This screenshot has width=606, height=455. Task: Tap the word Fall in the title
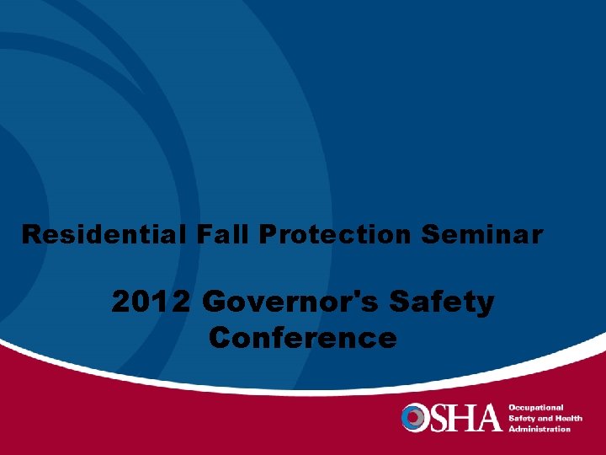pyautogui.click(x=225, y=234)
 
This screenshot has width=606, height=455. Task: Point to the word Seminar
pyautogui.click(x=482, y=234)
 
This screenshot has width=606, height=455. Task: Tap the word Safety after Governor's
pyautogui.click(x=447, y=301)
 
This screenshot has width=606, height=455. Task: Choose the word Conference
pyautogui.click(x=303, y=338)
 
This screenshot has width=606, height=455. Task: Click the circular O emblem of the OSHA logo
pyautogui.click(x=415, y=417)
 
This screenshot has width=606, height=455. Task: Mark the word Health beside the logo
pyautogui.click(x=568, y=418)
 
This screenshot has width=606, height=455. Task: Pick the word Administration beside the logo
pyautogui.click(x=540, y=428)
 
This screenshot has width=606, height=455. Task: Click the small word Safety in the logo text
pyautogui.click(x=522, y=418)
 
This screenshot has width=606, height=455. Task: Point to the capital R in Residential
pyautogui.click(x=31, y=234)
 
